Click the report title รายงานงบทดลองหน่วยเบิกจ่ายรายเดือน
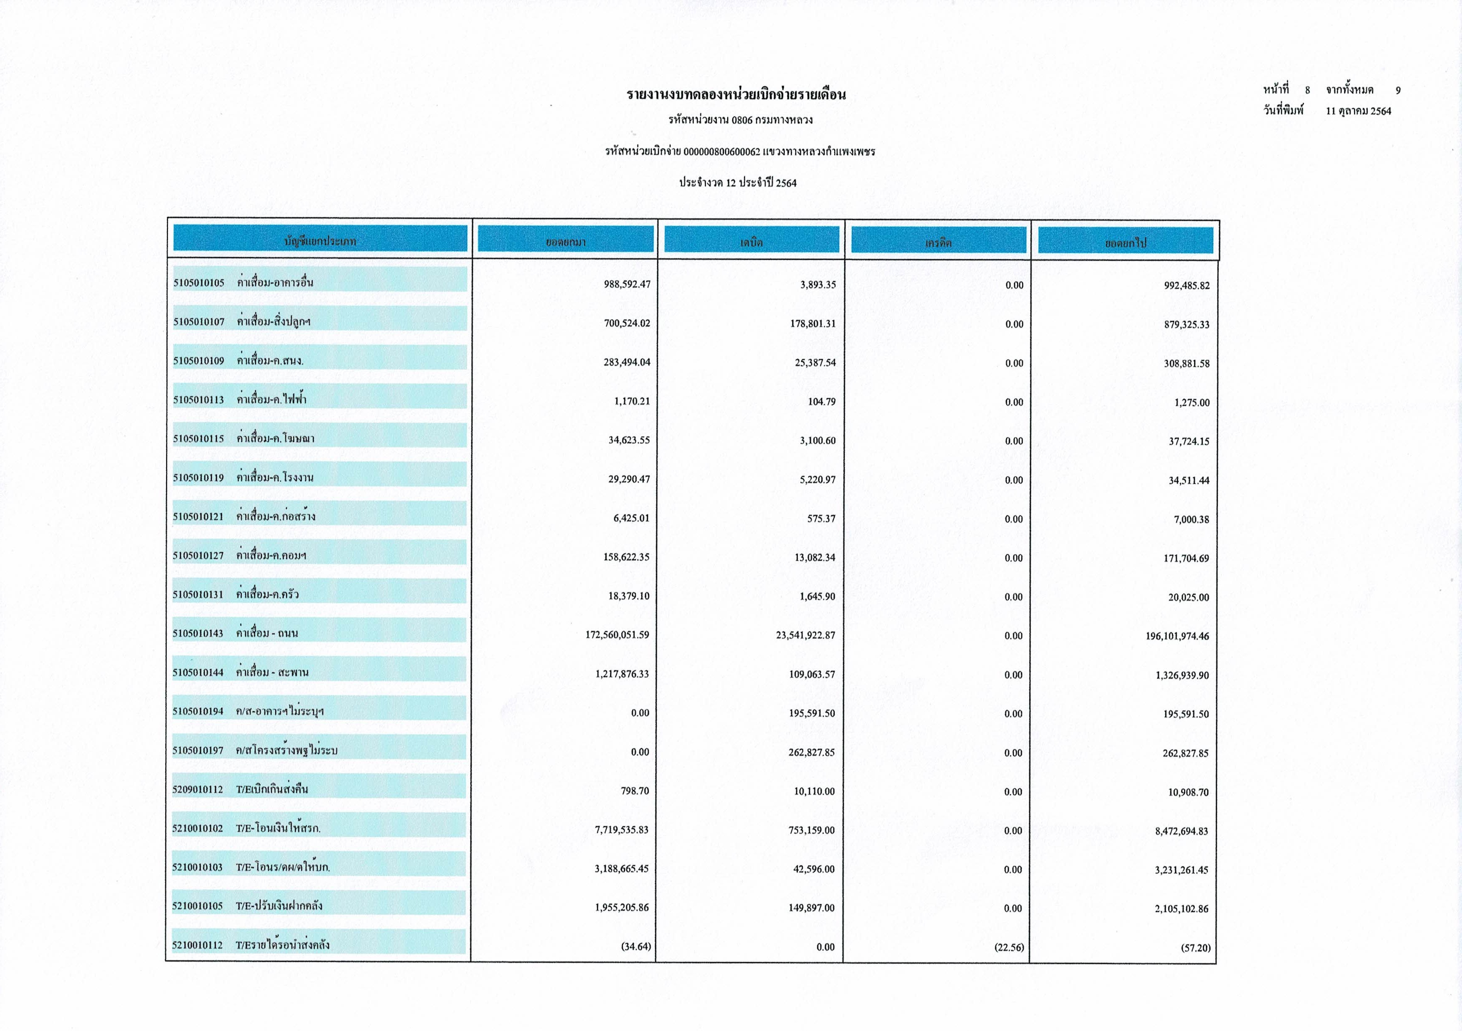coord(736,95)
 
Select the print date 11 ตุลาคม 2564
coord(1358,111)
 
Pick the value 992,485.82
coord(1186,285)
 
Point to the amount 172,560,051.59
coord(617,635)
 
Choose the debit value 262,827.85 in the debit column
coord(811,752)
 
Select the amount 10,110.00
coord(814,791)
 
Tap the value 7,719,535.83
coord(621,830)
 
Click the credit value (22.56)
coord(1009,947)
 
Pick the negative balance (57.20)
coord(1195,947)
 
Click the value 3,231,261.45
coord(1181,870)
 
